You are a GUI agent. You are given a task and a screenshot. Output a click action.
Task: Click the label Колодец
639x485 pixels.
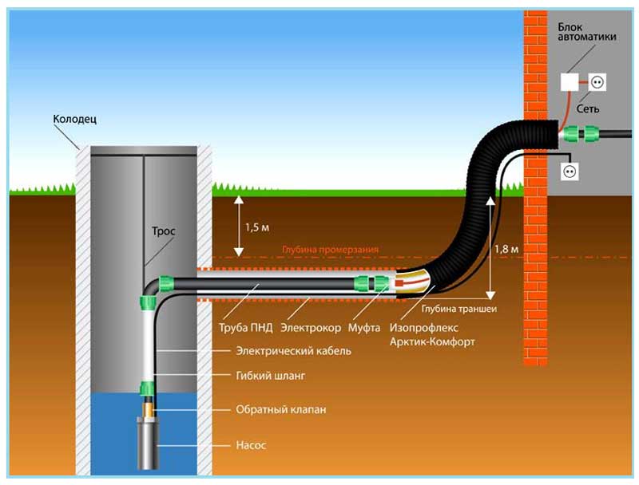tap(74, 119)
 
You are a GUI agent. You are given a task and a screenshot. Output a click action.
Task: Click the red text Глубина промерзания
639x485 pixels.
tap(330, 250)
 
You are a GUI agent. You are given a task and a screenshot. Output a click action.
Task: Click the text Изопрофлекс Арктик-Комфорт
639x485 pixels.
tap(432, 334)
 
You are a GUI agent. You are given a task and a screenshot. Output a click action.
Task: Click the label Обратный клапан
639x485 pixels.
tap(280, 409)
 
